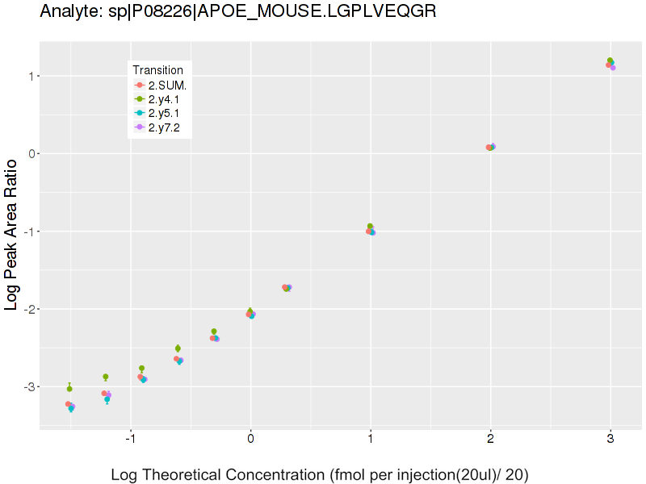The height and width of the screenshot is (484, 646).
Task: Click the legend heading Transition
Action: [x=157, y=70]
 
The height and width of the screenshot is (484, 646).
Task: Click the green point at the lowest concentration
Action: [x=69, y=389]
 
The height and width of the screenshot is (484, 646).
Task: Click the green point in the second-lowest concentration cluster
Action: [x=106, y=377]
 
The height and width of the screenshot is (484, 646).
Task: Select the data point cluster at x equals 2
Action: [x=490, y=147]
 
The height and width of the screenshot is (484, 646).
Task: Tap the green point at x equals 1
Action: [x=371, y=227]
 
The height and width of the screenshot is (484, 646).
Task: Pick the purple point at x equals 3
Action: [x=613, y=68]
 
